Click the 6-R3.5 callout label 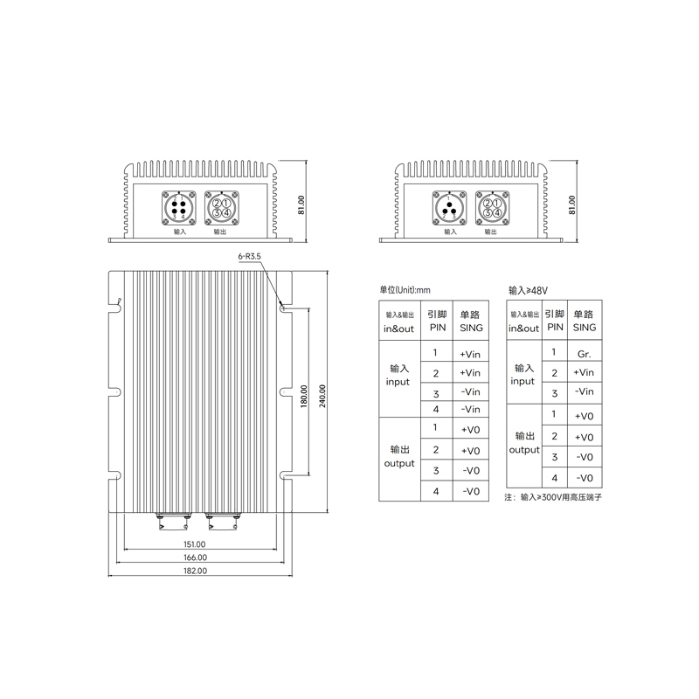[249, 257]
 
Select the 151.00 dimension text [195, 543]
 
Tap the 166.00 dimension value [195, 557]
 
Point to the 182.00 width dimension [195, 571]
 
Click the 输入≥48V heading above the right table [533, 289]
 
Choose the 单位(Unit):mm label [405, 289]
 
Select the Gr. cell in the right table [585, 354]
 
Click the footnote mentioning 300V [554, 497]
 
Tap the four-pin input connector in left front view [178, 209]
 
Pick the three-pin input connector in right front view [450, 209]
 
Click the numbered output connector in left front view [221, 209]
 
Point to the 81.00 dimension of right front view [573, 204]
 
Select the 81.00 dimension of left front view [301, 204]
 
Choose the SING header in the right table [584, 320]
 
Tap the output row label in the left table [399, 455]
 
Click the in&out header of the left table [399, 322]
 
